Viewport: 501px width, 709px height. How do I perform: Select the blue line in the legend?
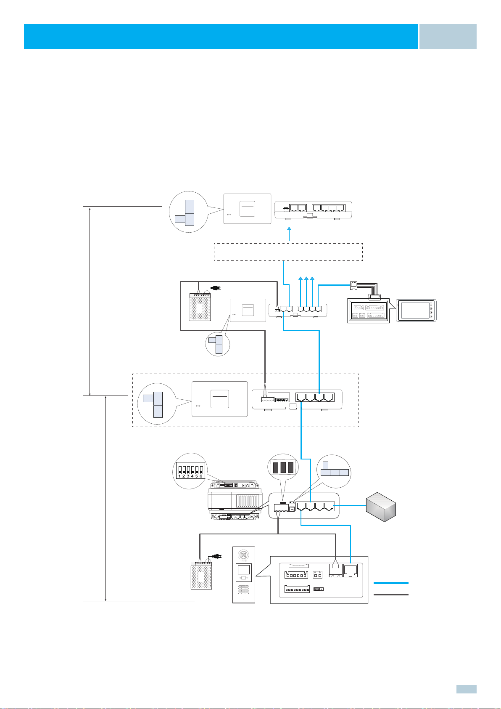pyautogui.click(x=391, y=583)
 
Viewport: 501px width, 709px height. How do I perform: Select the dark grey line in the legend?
pyautogui.click(x=391, y=595)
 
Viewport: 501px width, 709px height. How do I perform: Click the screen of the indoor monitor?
pyautogui.click(x=415, y=311)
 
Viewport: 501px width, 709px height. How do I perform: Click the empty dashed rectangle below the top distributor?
pyautogui.click(x=288, y=252)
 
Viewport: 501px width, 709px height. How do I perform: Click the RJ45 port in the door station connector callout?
pyautogui.click(x=351, y=571)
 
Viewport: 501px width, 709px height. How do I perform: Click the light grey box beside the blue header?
pyautogui.click(x=448, y=37)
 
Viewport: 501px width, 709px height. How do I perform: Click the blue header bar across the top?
pyautogui.click(x=221, y=37)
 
